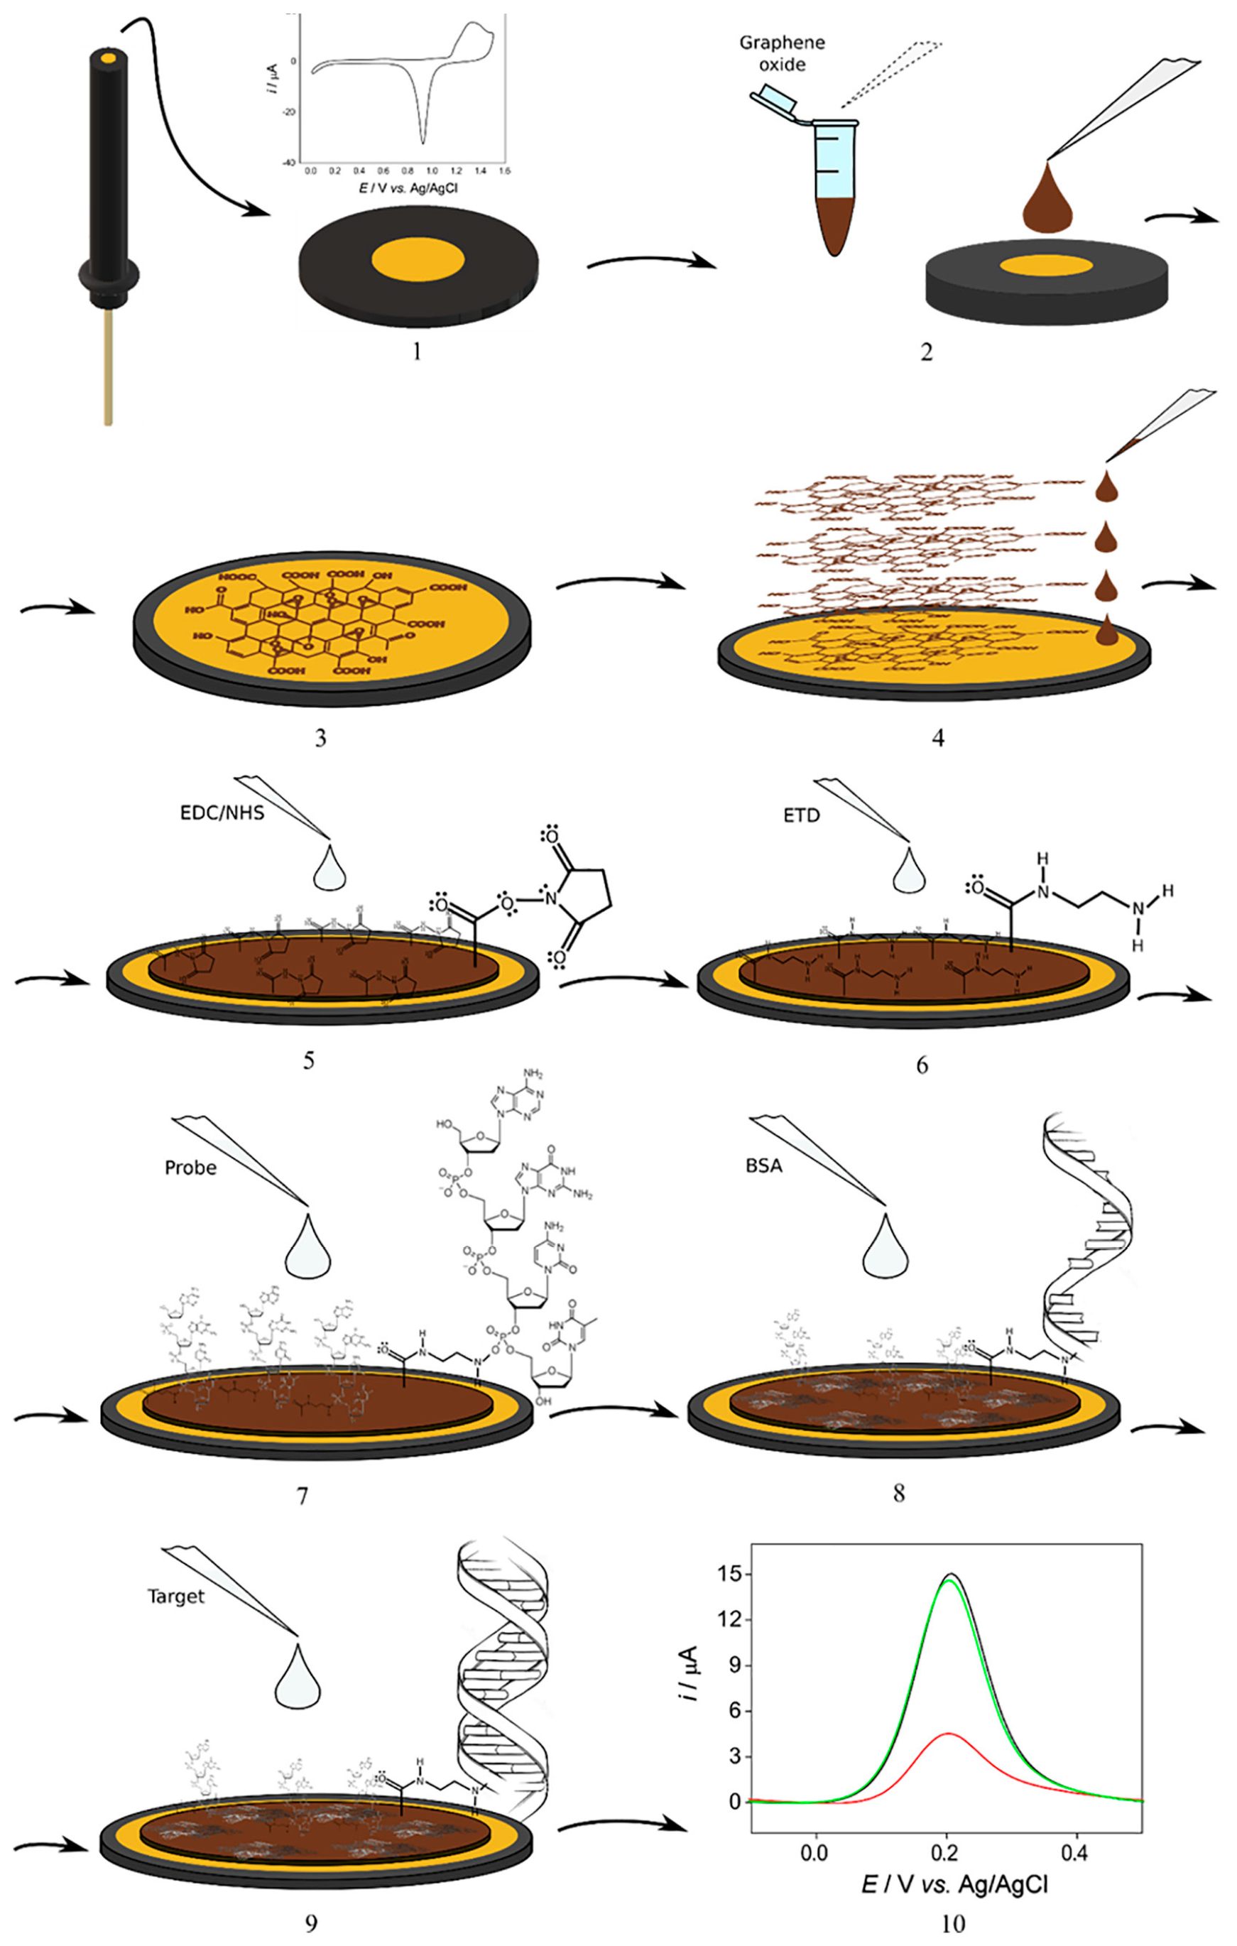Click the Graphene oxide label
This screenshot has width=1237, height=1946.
pyautogui.click(x=781, y=53)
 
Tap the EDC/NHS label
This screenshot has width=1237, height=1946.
pyautogui.click(x=222, y=812)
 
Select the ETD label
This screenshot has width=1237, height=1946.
pyautogui.click(x=801, y=815)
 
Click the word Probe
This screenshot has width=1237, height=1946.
pyautogui.click(x=191, y=1168)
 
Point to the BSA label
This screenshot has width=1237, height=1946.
pyautogui.click(x=763, y=1166)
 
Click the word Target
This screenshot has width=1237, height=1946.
pyautogui.click(x=175, y=1596)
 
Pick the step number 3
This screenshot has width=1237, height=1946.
pyautogui.click(x=321, y=738)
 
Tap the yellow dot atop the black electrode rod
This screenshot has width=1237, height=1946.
pyautogui.click(x=108, y=58)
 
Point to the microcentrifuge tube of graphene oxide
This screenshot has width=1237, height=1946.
pyautogui.click(x=834, y=186)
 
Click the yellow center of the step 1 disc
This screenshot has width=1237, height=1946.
pyautogui.click(x=418, y=260)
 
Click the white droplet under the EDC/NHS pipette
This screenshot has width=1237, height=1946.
pyautogui.click(x=329, y=869)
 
